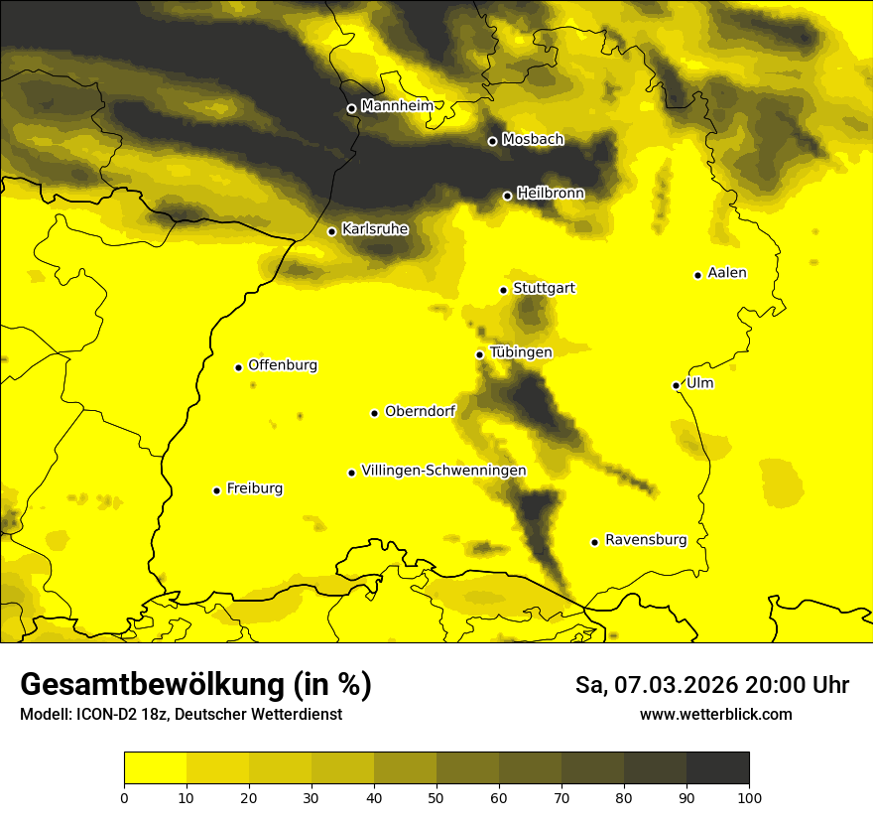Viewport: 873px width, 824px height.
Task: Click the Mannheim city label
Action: [x=397, y=105]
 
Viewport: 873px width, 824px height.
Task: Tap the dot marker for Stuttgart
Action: [x=503, y=290]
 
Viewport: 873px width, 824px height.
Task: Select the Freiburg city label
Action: [x=254, y=488]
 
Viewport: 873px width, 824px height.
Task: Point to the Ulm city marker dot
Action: [x=676, y=385]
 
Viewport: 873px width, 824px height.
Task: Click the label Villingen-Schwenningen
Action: [x=443, y=471]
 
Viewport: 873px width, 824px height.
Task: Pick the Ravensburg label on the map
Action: [x=645, y=540]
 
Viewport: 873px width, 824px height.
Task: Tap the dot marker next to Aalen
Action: [x=697, y=275]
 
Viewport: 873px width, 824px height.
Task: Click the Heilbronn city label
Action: [x=551, y=194]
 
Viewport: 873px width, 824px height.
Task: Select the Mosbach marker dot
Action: [x=492, y=141]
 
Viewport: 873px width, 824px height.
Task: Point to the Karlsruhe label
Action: [x=374, y=229]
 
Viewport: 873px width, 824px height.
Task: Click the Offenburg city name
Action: [x=283, y=365]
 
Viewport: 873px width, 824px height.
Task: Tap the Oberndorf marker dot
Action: [x=374, y=413]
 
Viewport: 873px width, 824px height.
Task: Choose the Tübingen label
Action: [x=521, y=352]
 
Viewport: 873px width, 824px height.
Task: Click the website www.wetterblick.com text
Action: [x=715, y=714]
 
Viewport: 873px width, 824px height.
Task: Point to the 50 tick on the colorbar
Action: [x=436, y=796]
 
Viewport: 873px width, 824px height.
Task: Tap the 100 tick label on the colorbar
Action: [x=749, y=796]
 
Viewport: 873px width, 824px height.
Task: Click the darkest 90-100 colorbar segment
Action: [x=717, y=768]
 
